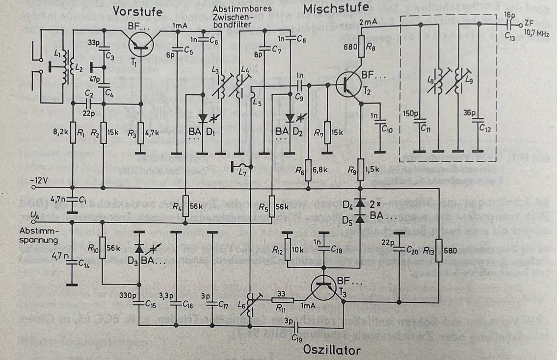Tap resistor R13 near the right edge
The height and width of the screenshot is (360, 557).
pos(439,250)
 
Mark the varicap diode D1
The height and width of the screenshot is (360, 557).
pos(203,118)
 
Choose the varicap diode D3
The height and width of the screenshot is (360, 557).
pos(139,249)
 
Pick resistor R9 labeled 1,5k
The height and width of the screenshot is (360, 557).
pos(361,167)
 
